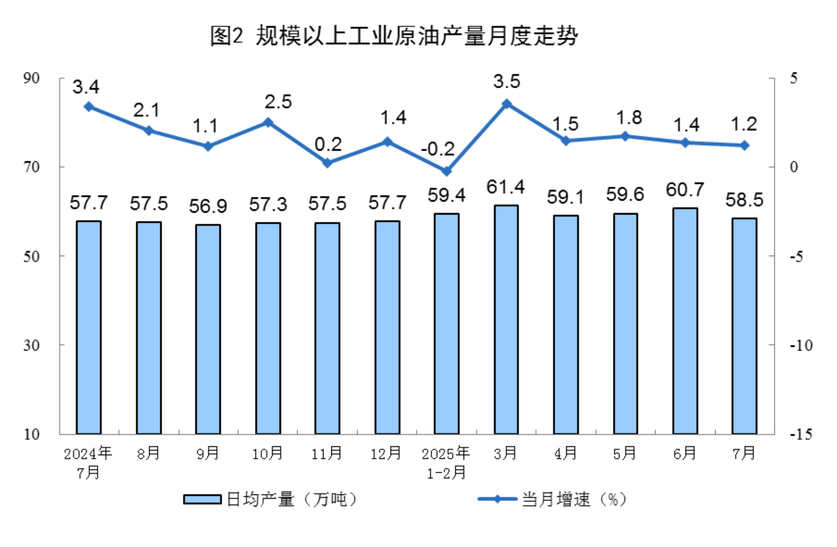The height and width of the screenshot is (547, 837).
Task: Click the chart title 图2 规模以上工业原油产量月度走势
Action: pos(394,36)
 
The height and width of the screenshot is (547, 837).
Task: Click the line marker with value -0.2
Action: pos(447,171)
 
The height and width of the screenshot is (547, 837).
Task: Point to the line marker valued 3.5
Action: pos(507,104)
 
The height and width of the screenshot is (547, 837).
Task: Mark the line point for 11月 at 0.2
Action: pos(327,163)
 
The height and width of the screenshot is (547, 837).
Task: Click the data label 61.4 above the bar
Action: pos(505,187)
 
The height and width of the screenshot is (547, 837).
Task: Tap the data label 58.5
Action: pos(744,200)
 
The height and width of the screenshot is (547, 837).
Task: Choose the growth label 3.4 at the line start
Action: pos(86,87)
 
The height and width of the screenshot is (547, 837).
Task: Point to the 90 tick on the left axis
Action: pos(31,78)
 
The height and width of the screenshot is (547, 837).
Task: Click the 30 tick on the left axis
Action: pos(31,345)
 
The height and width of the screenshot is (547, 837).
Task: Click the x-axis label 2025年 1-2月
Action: pos(446,463)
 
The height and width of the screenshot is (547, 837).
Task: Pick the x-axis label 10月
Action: pos(267,453)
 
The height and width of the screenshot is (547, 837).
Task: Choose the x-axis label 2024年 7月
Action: pos(88,463)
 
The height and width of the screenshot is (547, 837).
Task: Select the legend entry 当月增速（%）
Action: pos(553,500)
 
